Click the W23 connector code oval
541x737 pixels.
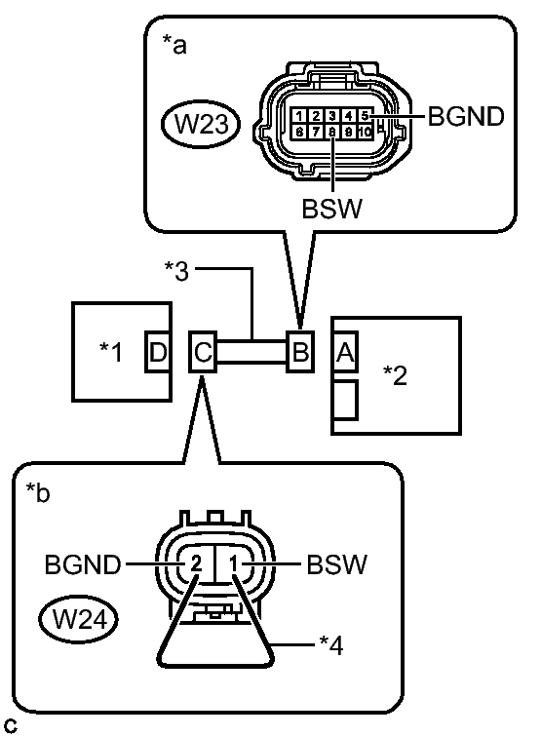[x=201, y=124]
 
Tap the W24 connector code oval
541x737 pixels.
[x=78, y=619]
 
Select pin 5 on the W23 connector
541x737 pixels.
[x=365, y=116]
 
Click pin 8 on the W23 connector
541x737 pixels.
[x=332, y=132]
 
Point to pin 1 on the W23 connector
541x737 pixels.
[x=299, y=116]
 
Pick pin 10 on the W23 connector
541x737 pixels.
[x=366, y=132]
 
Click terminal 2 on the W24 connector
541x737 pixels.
[x=196, y=563]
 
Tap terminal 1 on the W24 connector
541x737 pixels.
[x=234, y=563]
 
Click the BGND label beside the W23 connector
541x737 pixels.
[x=466, y=116]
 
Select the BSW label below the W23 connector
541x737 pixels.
[x=332, y=209]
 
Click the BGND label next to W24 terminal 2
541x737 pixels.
[x=83, y=564]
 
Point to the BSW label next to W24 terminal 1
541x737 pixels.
[x=336, y=564]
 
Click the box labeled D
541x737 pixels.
[x=158, y=352]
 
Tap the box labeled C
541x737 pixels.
[x=203, y=352]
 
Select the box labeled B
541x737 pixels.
[x=300, y=351]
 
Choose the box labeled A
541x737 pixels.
[x=345, y=352]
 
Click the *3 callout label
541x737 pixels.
[x=176, y=271]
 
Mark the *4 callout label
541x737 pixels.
[x=331, y=645]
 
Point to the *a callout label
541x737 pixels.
[x=174, y=45]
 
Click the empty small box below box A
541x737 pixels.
[x=345, y=400]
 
